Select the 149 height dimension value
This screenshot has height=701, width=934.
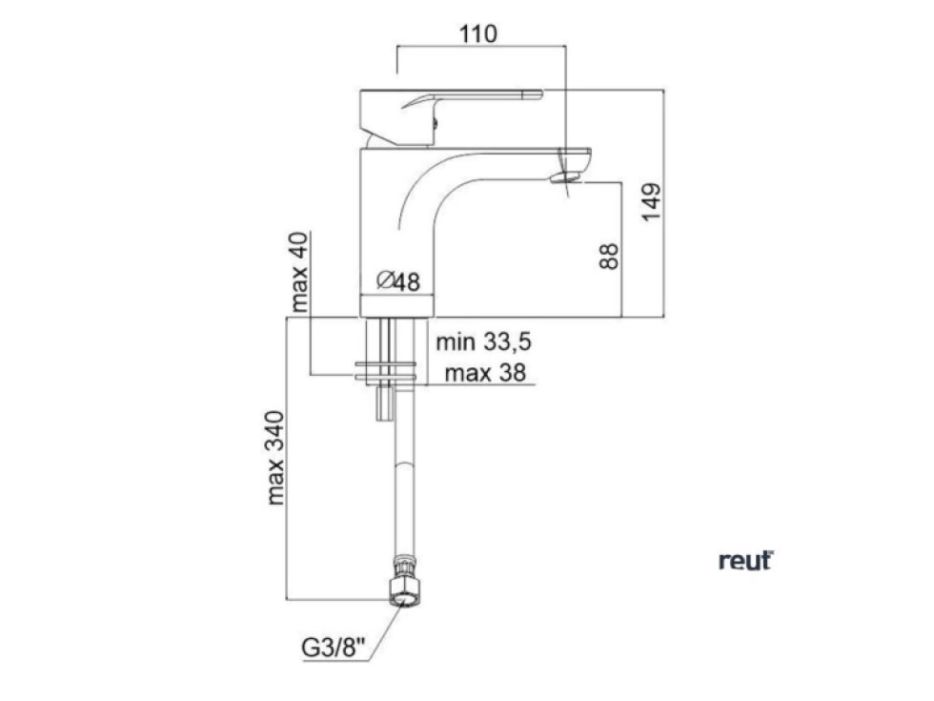[x=650, y=200]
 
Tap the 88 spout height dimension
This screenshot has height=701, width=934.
[x=610, y=256]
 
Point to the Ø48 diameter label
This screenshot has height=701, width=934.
[x=398, y=280]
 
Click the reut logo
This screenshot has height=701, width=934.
[x=745, y=561]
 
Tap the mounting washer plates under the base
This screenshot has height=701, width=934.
[x=386, y=373]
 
